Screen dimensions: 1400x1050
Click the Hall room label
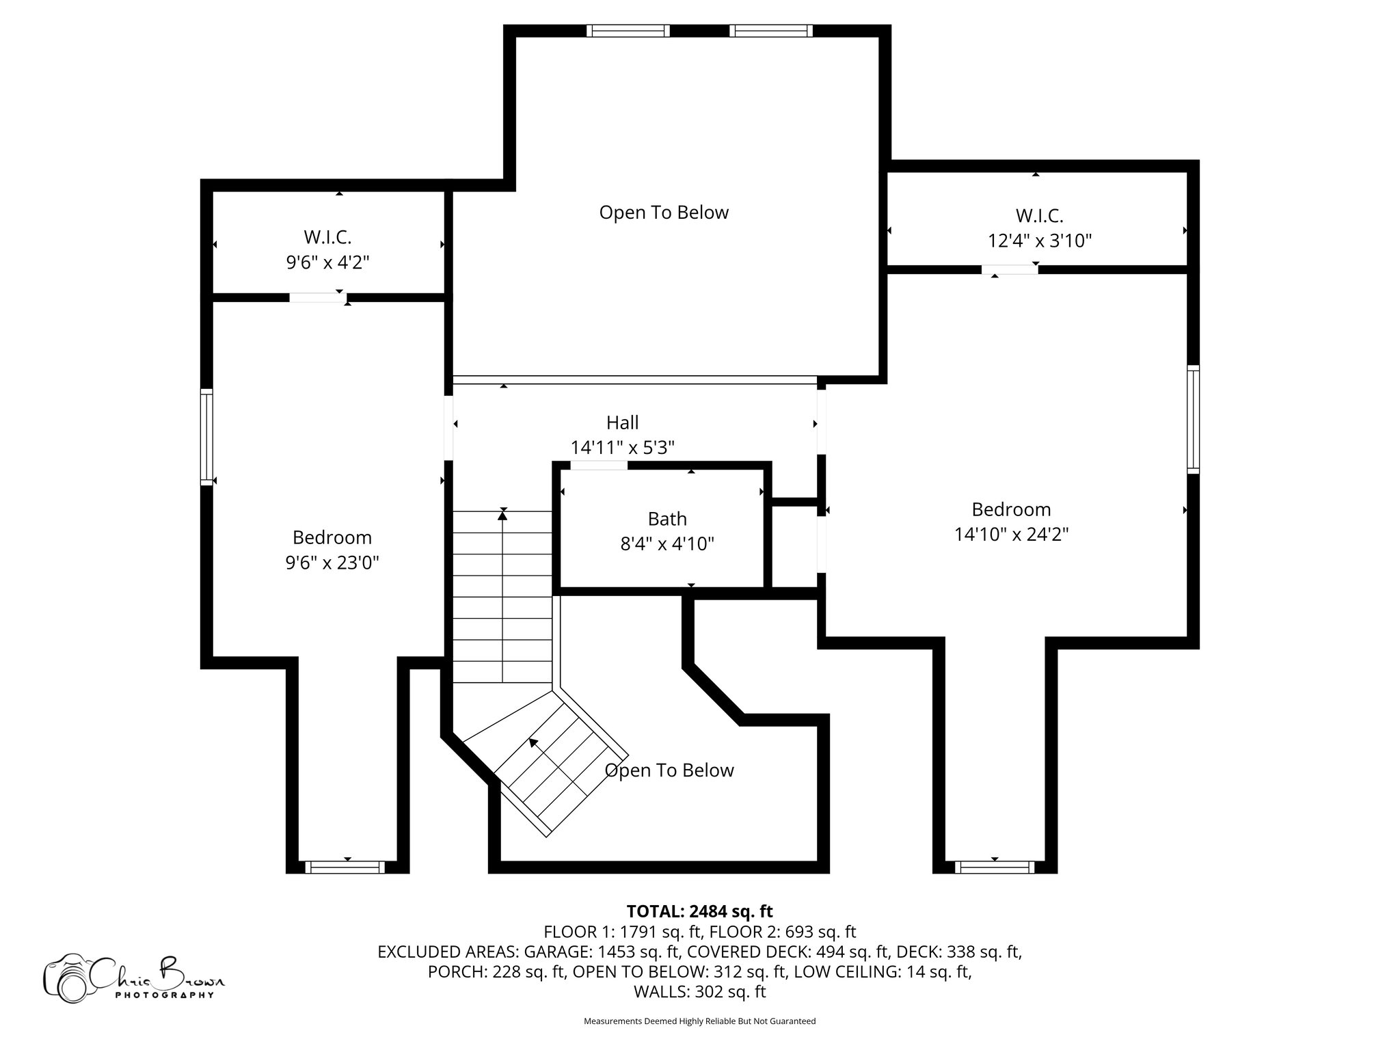click(622, 422)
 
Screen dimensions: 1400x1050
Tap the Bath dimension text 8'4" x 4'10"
click(667, 544)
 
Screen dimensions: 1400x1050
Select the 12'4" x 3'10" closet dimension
click(1039, 241)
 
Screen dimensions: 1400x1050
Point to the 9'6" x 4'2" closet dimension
click(327, 262)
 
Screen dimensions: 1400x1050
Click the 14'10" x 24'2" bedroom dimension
click(1011, 534)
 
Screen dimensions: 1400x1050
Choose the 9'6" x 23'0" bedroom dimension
click(332, 563)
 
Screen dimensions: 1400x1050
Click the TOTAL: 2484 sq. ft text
click(699, 911)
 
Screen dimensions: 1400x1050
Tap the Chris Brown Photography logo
click(134, 978)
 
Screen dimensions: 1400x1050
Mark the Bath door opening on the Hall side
click(599, 466)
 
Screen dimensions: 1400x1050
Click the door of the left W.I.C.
click(317, 297)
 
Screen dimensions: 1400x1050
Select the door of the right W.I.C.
click(1010, 269)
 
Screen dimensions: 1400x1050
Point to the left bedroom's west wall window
click(206, 437)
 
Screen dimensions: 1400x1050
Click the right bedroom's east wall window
click(1193, 419)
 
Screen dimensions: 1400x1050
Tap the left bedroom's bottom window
click(345, 867)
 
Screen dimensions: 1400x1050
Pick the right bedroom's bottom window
click(995, 867)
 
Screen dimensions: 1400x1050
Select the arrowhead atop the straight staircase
click(503, 514)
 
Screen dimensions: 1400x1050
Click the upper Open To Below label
click(664, 213)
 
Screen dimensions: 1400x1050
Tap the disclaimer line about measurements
click(699, 1021)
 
